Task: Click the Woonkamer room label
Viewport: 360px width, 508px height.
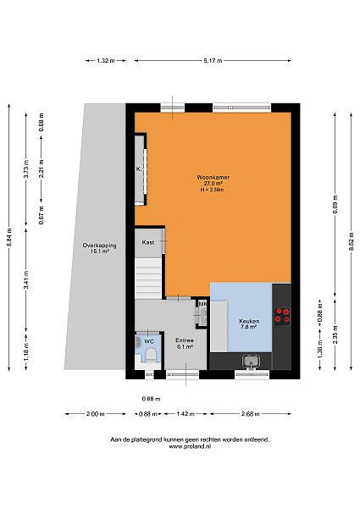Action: coord(213,177)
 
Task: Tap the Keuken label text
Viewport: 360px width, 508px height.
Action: coord(249,321)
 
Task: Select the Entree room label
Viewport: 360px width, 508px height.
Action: coord(185,340)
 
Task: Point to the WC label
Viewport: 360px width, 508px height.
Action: coord(149,341)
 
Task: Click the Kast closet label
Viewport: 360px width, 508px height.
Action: coord(147,242)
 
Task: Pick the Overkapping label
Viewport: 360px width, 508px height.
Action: coord(99,246)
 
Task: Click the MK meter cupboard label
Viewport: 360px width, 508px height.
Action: coord(202,304)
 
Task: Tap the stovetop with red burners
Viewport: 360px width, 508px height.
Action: coord(281,316)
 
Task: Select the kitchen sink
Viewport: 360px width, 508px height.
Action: coord(251,361)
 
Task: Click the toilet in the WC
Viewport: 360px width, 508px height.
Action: coord(151,355)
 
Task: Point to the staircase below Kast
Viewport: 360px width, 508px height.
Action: coord(148,279)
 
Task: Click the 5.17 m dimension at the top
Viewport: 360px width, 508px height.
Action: coord(213,61)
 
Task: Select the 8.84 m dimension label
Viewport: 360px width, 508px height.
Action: coord(9,237)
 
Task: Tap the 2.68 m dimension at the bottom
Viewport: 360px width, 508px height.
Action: coord(251,414)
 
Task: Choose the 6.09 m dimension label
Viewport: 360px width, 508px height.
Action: coord(335,204)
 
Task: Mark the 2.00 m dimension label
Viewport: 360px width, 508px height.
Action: coord(95,414)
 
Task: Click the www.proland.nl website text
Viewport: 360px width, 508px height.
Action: coord(190,446)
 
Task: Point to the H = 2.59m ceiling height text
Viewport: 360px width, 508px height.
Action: coord(212,190)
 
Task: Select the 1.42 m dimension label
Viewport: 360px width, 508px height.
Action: coord(186,414)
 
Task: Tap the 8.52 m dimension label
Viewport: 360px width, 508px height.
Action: coord(352,241)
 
